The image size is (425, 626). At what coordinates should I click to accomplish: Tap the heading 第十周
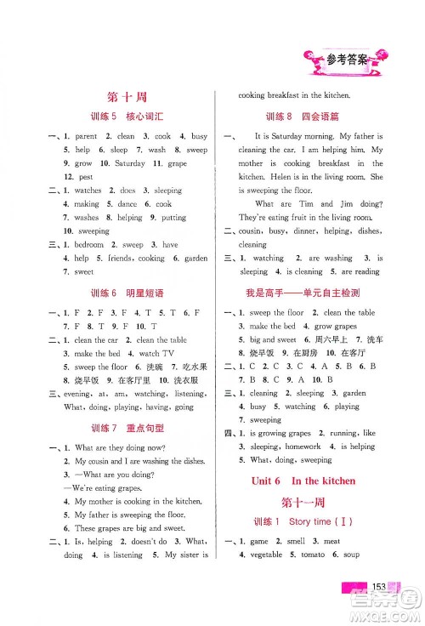click(129, 98)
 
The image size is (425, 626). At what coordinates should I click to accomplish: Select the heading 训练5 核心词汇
click(129, 117)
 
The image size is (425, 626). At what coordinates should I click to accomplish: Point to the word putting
click(174, 217)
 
